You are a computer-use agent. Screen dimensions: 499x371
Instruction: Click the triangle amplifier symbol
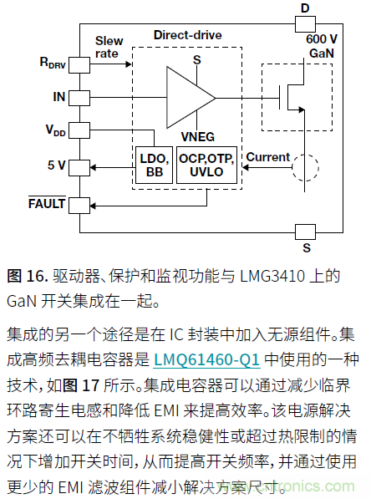[189, 98]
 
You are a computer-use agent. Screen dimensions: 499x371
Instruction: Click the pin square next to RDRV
[79, 64]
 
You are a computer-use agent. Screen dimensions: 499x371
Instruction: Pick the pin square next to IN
[79, 98]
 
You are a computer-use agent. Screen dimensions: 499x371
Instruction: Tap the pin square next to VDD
[79, 131]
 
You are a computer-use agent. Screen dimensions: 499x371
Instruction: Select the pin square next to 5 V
[79, 166]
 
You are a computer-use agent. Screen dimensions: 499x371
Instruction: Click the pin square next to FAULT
[79, 203]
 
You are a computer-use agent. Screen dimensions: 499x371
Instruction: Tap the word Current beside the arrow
[267, 156]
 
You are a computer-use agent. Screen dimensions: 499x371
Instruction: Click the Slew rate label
[109, 47]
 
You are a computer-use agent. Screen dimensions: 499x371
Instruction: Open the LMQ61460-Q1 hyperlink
[207, 360]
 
